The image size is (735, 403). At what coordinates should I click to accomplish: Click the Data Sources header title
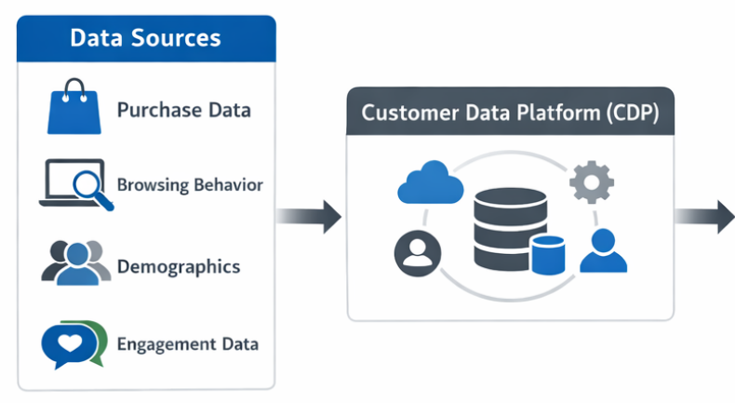point(146,38)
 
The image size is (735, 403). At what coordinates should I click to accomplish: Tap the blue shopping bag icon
point(73,109)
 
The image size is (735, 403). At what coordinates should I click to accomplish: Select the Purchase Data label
point(183,110)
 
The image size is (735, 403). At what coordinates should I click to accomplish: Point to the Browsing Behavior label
point(190,184)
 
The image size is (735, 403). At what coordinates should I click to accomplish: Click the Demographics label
point(179,267)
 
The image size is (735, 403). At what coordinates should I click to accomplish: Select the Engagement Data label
point(188,343)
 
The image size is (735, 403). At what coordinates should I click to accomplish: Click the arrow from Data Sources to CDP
point(310,216)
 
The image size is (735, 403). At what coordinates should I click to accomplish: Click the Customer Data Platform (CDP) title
point(509,114)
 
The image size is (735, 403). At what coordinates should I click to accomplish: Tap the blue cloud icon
point(431,183)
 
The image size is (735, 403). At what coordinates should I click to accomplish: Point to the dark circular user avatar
point(416,252)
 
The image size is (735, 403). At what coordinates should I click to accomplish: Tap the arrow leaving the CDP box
point(704,216)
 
